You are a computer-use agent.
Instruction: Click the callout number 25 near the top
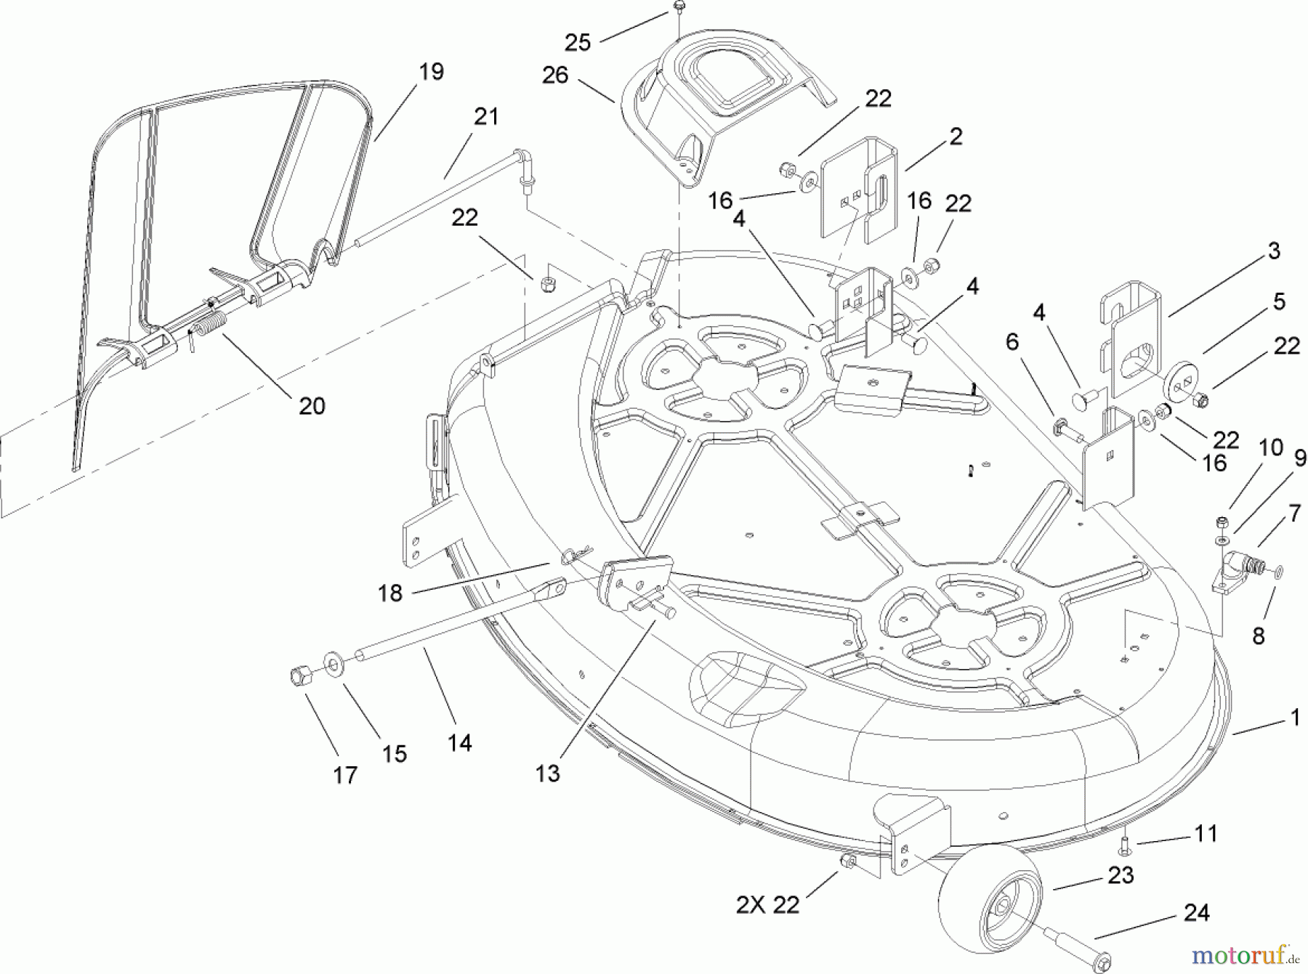[577, 43]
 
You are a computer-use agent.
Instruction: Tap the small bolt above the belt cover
[677, 7]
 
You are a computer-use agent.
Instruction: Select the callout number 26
[555, 75]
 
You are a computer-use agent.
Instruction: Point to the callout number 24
[1197, 912]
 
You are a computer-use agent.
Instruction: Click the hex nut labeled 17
[299, 677]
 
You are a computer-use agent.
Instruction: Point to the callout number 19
[431, 72]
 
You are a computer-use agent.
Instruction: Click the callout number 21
[485, 116]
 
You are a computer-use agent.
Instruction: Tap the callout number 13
[547, 774]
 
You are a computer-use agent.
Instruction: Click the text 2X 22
[767, 905]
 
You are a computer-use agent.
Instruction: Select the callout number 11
[1206, 833]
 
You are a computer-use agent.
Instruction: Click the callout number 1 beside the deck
[1294, 718]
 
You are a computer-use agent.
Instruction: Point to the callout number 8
[1258, 636]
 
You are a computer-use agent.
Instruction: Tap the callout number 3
[1273, 251]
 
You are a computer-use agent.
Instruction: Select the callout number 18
[390, 593]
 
